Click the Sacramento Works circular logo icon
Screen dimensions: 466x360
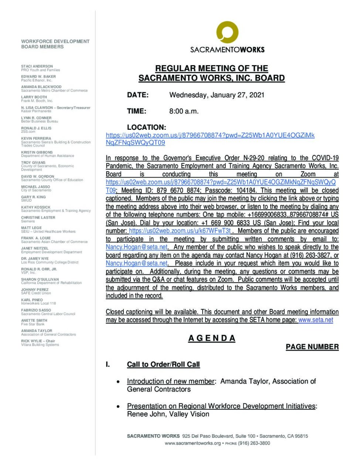coord(227,32)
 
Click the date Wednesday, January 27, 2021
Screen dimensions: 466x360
coord(217,95)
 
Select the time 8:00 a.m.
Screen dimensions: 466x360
coord(184,111)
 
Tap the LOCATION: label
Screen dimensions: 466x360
coord(146,127)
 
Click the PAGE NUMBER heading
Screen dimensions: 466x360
coord(312,347)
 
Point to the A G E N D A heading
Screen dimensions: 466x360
coord(211,338)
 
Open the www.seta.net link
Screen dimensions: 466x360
coord(316,320)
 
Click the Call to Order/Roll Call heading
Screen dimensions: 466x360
coord(163,364)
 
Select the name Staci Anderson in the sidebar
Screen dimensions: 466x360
coord(37,66)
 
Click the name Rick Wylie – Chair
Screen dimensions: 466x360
coord(38,341)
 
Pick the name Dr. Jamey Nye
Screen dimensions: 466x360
coord(35,259)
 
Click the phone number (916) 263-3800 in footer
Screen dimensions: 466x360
coord(254,443)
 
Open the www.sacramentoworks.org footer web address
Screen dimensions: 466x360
coord(193,443)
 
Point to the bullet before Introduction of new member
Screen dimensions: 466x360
coord(118,382)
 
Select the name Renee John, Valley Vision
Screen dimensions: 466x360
coord(168,414)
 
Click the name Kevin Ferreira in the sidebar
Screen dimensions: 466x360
coord(36,138)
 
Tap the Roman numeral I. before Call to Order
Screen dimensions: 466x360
coord(108,364)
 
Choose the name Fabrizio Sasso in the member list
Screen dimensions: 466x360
coord(36,310)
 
